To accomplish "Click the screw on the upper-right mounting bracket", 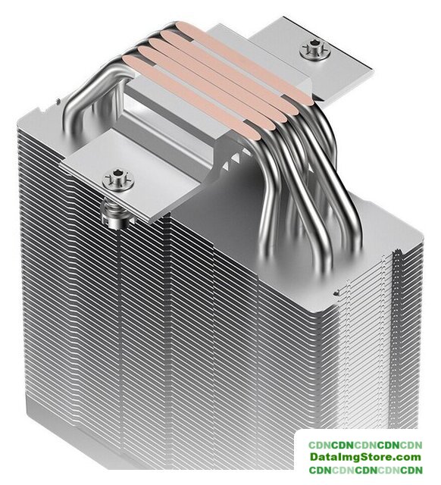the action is click(315, 50).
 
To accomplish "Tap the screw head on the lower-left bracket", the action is click(118, 180).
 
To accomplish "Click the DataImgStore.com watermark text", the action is click(365, 456).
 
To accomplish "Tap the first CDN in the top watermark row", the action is click(320, 445).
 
